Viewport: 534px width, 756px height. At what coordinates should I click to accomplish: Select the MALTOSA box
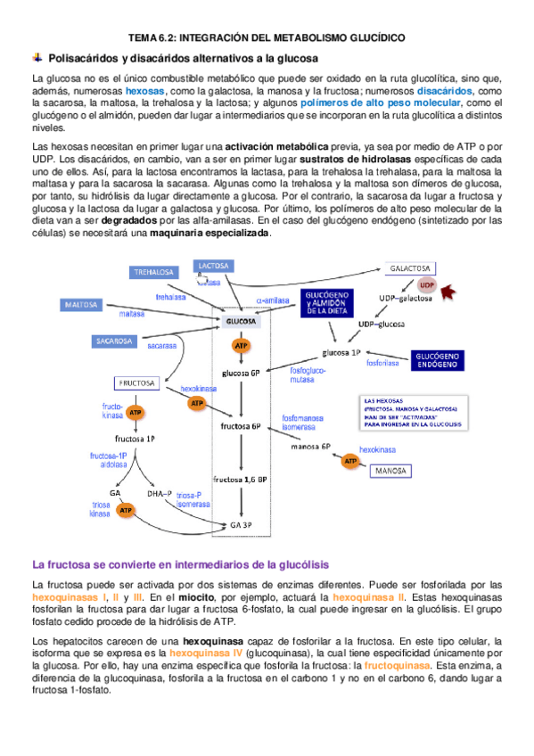point(86,304)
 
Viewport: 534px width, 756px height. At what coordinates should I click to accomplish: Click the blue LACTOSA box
point(214,267)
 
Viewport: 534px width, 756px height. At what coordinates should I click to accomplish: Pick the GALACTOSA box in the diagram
point(411,268)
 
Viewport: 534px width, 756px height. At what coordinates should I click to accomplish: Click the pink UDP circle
point(427,284)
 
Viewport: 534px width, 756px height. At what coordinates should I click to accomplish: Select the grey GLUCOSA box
point(241,321)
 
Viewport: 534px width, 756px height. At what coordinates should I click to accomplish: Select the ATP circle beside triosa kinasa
point(127,511)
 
